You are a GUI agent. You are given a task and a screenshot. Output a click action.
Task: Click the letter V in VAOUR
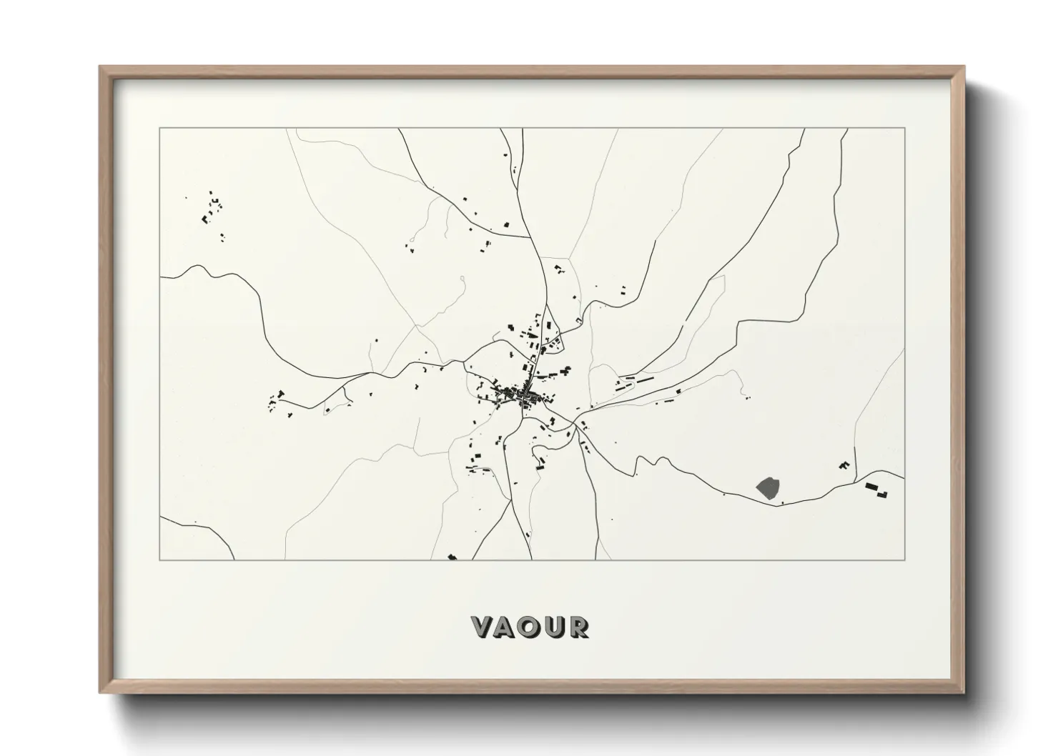(x=483, y=627)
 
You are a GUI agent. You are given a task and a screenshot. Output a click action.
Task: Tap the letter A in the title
(x=506, y=627)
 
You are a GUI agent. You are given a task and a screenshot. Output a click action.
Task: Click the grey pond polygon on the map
(x=768, y=487)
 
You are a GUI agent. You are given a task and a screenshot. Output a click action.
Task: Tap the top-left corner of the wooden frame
(x=100, y=67)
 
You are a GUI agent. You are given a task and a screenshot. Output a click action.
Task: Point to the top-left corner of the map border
(x=160, y=129)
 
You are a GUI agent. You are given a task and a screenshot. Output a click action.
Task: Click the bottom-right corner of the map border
(x=904, y=559)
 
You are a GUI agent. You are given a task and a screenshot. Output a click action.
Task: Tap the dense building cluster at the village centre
(x=516, y=393)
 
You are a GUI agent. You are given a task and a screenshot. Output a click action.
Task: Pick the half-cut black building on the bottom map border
(x=452, y=557)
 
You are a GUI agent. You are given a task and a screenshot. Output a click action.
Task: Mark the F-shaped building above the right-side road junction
(x=844, y=466)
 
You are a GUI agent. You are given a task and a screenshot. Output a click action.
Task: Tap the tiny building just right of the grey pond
(x=782, y=503)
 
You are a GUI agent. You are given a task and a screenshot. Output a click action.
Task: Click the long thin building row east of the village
(x=633, y=382)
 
